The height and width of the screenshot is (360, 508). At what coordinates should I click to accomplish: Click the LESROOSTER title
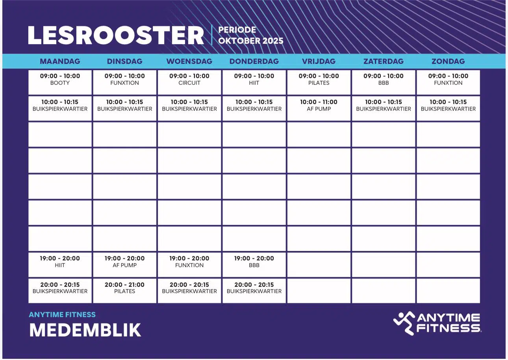pos(116,35)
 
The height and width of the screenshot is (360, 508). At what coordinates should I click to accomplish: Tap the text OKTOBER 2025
pos(251,41)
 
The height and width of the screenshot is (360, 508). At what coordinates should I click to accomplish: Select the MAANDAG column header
pos(60,61)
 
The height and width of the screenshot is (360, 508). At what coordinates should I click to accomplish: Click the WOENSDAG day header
pos(189,61)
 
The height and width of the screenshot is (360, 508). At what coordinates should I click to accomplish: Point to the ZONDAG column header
pos(448,61)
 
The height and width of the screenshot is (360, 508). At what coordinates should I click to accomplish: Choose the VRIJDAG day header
pos(319,61)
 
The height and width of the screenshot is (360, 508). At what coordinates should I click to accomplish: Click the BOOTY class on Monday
pos(60,82)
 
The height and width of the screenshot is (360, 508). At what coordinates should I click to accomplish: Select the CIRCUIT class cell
pos(189,82)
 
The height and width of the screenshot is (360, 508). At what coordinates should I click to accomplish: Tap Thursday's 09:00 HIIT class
pos(254,82)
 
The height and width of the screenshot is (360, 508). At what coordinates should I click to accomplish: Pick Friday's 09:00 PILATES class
pos(319,82)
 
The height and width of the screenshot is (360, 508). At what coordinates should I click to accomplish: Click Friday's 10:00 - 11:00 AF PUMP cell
pos(319,108)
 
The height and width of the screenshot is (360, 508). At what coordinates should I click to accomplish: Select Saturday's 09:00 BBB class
pos(384,82)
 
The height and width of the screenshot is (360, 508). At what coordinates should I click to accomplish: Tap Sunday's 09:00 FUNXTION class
pos(448,82)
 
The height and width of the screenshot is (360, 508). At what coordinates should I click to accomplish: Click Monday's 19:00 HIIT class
pos(60,265)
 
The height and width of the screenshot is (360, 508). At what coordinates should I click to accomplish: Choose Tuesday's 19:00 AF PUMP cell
pos(125,265)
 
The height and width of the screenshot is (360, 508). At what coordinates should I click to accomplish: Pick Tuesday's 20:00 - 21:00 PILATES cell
pos(125,291)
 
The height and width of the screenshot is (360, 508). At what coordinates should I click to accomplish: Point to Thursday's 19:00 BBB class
pos(254,265)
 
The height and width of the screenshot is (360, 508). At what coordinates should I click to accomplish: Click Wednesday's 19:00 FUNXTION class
pos(189,265)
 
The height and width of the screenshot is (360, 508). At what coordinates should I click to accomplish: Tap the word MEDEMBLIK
pos(85,330)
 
